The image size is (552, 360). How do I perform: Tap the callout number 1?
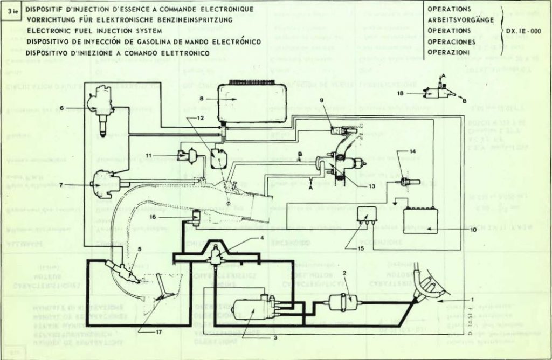tap(472, 299)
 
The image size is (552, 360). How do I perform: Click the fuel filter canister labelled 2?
tap(339, 302)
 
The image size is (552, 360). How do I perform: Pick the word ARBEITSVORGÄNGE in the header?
tap(453, 20)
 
